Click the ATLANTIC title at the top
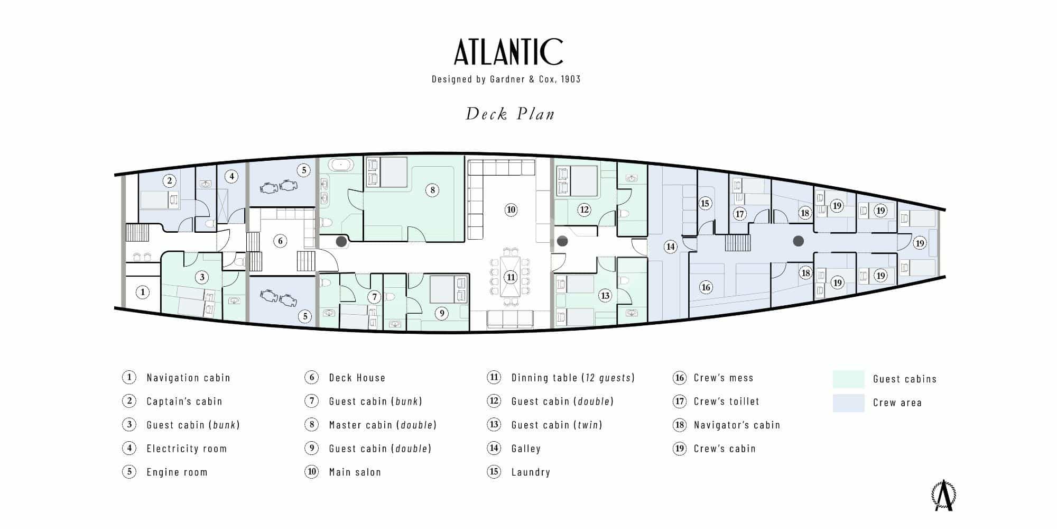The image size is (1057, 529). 508,52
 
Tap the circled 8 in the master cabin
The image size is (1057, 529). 432,190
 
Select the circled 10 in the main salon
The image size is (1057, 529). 511,209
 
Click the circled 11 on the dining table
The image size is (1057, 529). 511,277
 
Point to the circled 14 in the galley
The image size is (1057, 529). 670,247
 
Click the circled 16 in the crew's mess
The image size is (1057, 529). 706,287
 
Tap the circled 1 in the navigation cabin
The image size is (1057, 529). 142,292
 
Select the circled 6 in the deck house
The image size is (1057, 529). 280,241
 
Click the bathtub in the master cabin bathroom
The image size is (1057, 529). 341,165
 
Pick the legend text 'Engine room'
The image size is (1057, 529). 177,472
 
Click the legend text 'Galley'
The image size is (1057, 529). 526,449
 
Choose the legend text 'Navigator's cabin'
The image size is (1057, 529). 737,425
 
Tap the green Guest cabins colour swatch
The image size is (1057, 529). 848,379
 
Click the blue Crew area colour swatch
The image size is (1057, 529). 848,403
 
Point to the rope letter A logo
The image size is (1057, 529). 943,496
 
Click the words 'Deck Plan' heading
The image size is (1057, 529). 510,114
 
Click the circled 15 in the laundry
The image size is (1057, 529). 704,203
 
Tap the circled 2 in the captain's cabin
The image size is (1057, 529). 169,181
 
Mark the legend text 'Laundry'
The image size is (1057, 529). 531,472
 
